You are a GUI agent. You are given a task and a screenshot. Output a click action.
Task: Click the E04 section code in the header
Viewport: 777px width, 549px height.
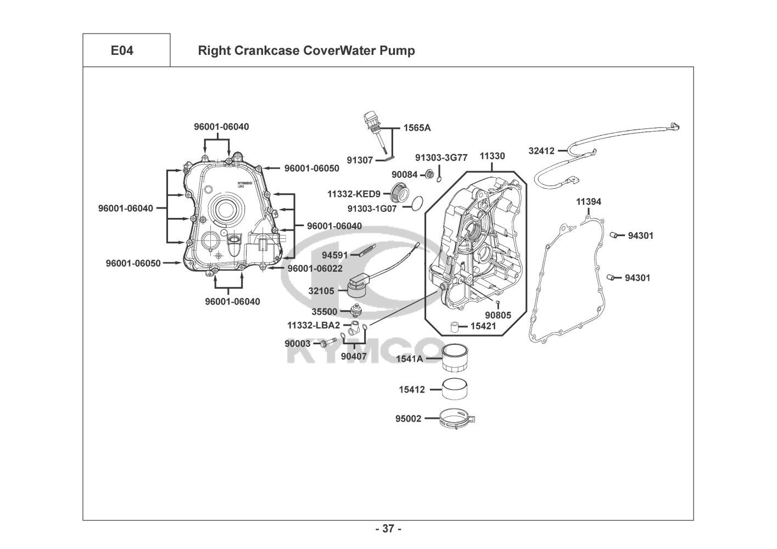[122, 51]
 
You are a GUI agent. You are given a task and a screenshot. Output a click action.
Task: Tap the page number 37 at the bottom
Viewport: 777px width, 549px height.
[388, 529]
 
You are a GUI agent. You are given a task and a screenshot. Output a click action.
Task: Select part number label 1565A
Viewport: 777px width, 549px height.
[417, 128]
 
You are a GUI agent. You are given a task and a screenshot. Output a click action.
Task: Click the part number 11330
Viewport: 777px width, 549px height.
[492, 156]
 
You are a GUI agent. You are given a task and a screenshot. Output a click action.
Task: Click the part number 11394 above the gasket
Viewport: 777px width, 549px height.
[588, 201]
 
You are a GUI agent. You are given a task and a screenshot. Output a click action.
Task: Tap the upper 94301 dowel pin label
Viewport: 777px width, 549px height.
[640, 236]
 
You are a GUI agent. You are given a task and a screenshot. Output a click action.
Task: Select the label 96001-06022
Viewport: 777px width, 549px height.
[315, 268]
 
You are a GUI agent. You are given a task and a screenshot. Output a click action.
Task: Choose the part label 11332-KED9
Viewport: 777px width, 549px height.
[354, 194]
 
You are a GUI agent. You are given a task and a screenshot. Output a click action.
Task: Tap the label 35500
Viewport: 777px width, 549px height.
[324, 311]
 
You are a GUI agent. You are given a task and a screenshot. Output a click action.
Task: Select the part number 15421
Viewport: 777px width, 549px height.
[483, 326]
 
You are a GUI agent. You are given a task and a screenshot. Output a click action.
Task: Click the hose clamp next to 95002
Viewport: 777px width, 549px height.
[457, 419]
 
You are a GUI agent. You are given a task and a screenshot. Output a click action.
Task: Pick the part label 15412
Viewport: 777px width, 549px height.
[412, 390]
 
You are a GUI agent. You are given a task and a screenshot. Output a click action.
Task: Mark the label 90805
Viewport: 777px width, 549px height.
[497, 315]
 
